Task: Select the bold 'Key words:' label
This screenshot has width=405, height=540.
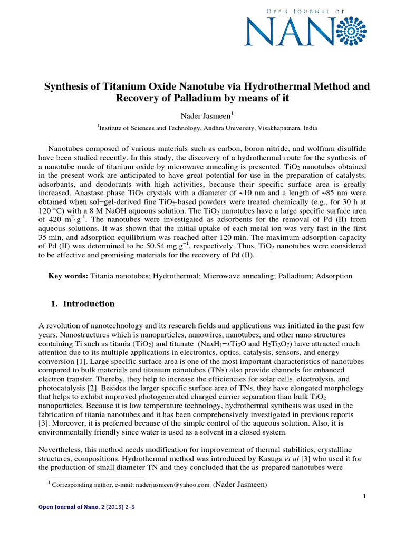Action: pos(69,276)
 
